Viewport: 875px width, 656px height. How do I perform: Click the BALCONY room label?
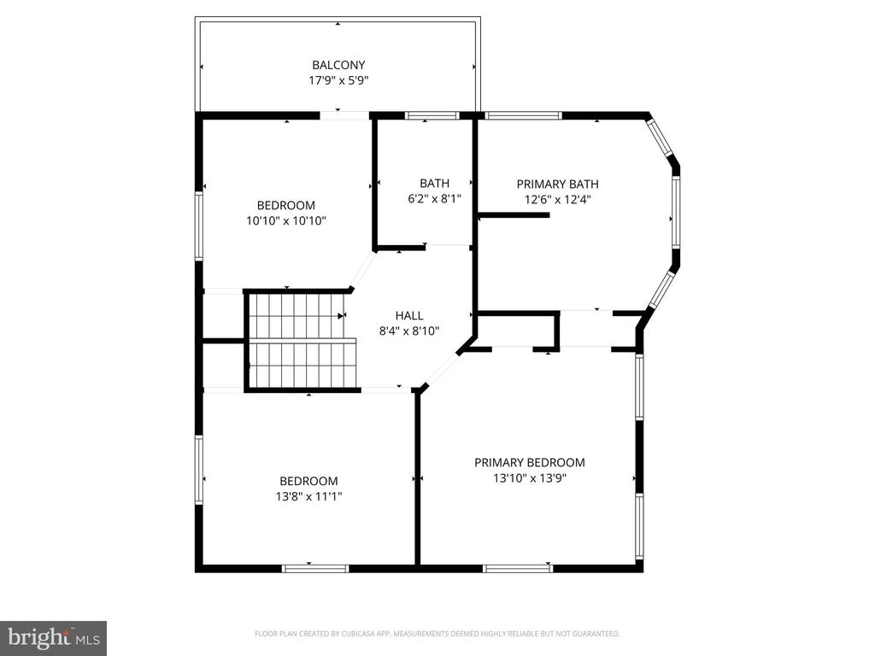click(338, 65)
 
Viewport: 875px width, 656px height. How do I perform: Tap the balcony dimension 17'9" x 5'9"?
click(338, 80)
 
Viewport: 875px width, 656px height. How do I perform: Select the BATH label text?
click(435, 183)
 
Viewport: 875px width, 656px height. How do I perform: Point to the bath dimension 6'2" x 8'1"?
click(435, 198)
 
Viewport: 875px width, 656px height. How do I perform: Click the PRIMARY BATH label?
click(557, 184)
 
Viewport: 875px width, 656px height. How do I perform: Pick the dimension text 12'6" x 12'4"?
click(557, 200)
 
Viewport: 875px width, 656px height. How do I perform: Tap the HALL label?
click(409, 316)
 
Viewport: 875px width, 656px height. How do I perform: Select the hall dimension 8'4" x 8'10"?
click(409, 331)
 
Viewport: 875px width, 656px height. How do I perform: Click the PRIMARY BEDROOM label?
click(530, 462)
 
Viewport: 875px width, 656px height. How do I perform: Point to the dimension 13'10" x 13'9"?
click(530, 478)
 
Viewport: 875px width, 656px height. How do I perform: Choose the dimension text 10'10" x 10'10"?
click(286, 221)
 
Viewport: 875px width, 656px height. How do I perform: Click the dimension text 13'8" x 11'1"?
click(308, 496)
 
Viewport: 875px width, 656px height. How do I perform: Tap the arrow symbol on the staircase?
click(342, 316)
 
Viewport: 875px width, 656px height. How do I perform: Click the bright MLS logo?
click(54, 638)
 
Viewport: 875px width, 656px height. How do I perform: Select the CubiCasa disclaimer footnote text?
click(437, 634)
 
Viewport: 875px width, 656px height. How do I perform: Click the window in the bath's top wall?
click(432, 116)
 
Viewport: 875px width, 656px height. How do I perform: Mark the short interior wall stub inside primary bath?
click(514, 214)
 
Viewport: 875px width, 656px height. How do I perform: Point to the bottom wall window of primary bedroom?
click(518, 568)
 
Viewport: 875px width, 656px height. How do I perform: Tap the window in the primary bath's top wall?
click(523, 116)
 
